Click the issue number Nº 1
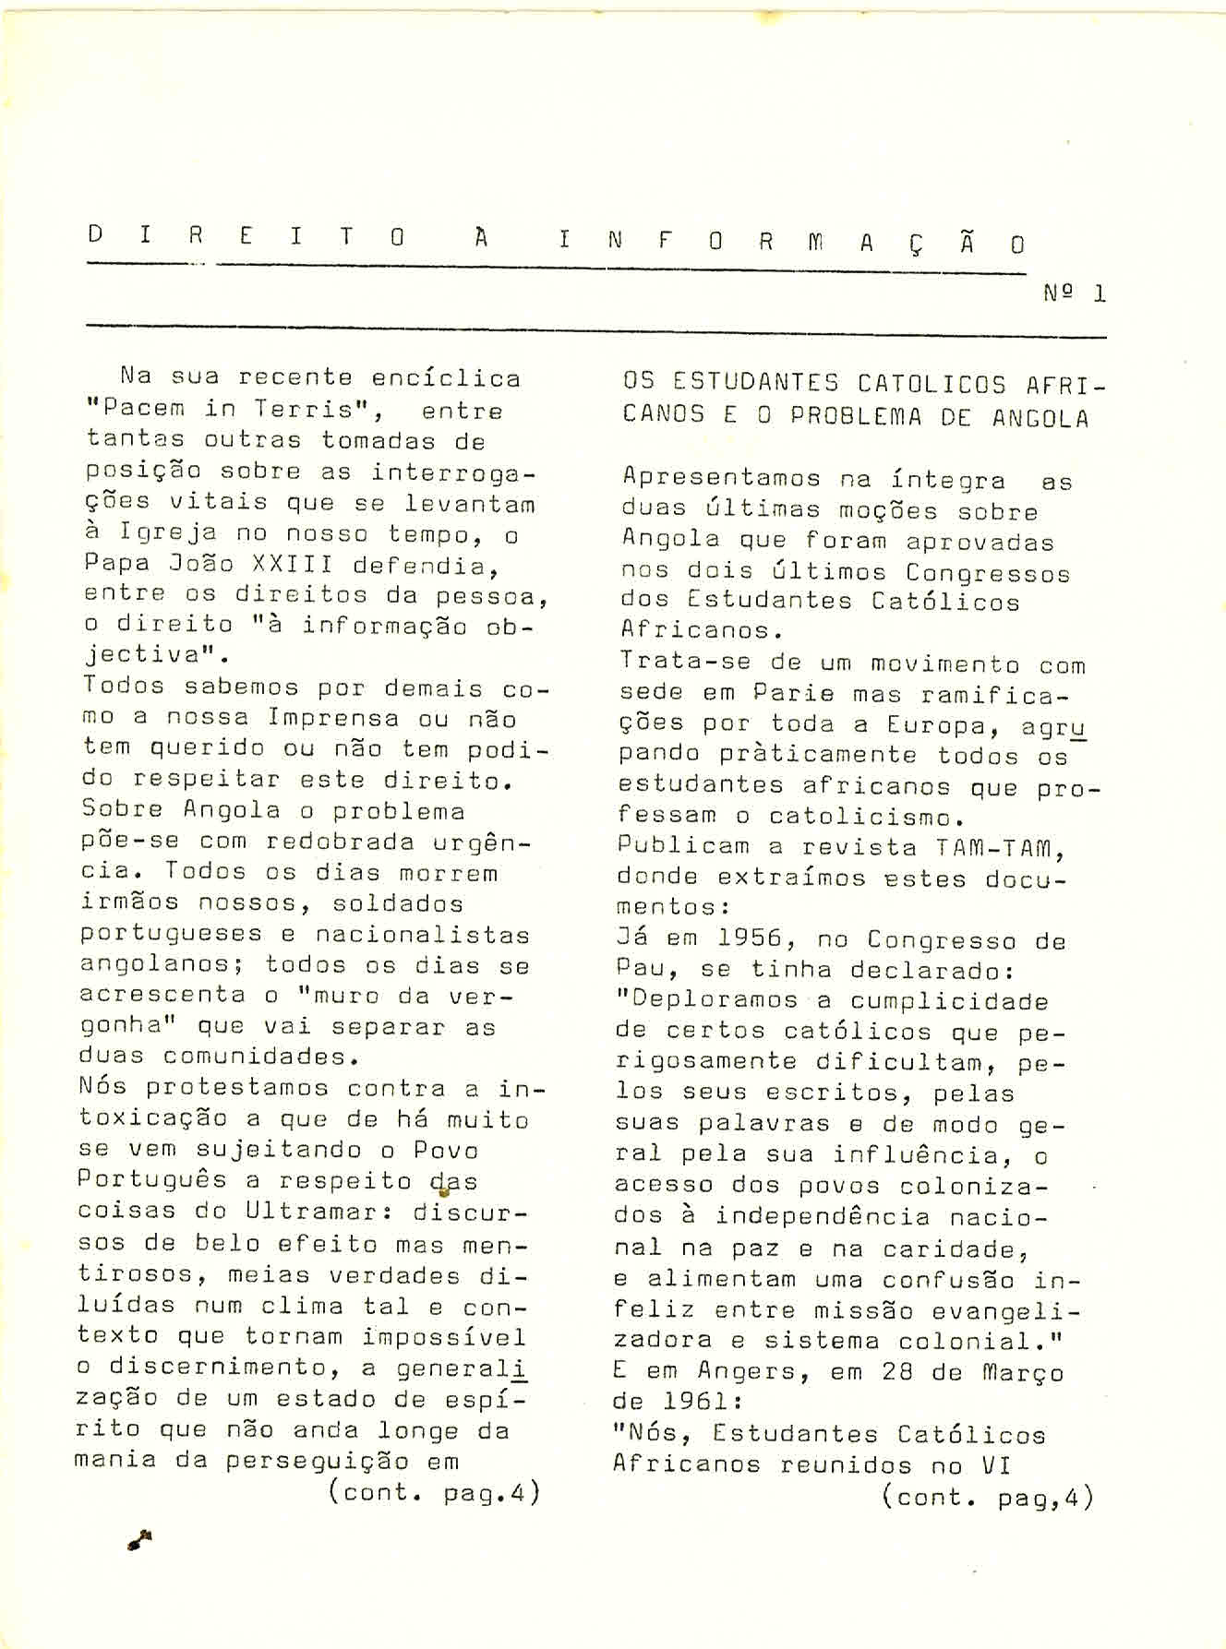(1074, 293)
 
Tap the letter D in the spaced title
(94, 234)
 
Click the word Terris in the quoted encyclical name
(305, 409)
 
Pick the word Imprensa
(333, 718)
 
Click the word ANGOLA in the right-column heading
(1040, 418)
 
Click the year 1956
(750, 939)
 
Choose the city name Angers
(755, 1372)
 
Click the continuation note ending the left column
(434, 1492)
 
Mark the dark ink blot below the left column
(139, 1538)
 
